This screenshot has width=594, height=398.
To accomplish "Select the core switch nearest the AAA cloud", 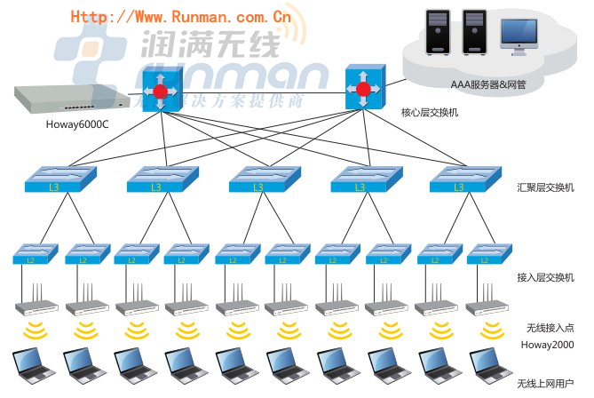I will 362,87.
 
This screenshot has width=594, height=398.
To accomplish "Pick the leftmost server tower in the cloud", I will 439,33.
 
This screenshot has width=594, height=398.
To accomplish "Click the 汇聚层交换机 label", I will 545,187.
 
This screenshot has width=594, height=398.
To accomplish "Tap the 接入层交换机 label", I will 545,278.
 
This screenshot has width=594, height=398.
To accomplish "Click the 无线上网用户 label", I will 545,384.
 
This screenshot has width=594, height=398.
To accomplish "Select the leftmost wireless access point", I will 34,304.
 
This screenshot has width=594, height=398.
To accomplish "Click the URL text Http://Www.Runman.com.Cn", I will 181,15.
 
